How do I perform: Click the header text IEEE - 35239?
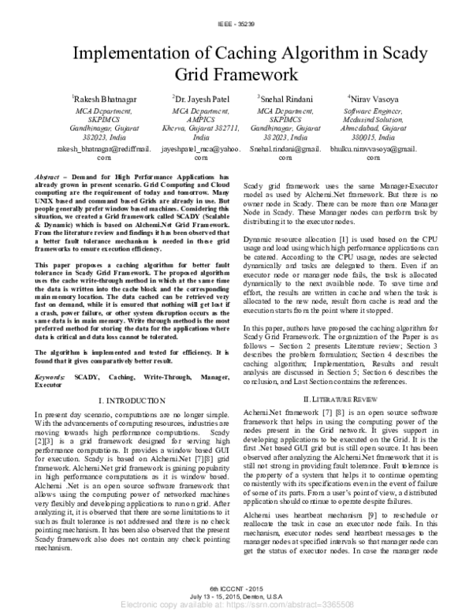[236, 25]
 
